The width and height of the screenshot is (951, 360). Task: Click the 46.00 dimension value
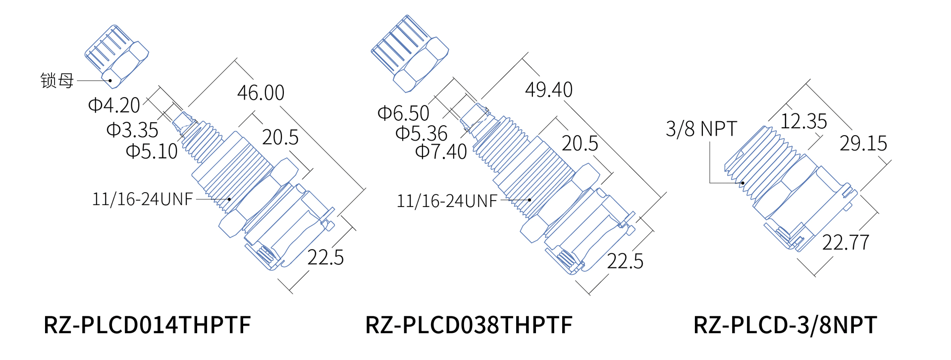(x=261, y=93)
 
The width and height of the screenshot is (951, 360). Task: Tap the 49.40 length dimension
(x=548, y=90)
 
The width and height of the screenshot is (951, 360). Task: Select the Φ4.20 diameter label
(x=114, y=105)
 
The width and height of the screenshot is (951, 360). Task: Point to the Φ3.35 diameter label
(x=132, y=130)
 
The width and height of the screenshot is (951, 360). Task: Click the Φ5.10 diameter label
(x=152, y=151)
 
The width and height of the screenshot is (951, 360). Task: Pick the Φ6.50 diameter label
(x=403, y=113)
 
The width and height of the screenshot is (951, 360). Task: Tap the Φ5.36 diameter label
(x=422, y=133)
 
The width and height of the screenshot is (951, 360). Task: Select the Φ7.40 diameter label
(x=441, y=152)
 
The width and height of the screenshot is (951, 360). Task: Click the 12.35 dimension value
(x=803, y=121)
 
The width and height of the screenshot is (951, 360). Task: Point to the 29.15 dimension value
(x=863, y=144)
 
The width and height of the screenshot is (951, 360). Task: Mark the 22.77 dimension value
(x=845, y=243)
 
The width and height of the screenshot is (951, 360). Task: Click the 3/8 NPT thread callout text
(x=701, y=129)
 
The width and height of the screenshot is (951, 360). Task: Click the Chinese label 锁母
(x=57, y=80)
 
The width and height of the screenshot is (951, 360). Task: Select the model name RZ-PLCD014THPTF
(x=147, y=325)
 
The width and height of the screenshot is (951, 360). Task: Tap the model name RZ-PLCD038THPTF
(x=469, y=325)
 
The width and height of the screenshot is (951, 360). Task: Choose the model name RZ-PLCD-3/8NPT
(x=785, y=325)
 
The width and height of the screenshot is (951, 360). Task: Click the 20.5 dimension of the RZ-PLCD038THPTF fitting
(x=580, y=144)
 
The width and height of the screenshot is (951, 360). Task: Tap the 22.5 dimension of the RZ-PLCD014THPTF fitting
(x=325, y=257)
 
